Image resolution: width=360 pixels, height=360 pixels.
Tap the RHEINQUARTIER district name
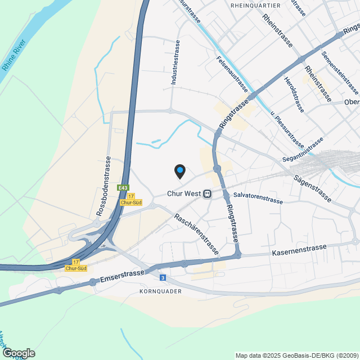point(255,5)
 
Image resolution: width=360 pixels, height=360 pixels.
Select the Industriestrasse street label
point(175,62)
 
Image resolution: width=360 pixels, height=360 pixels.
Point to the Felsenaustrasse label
point(232,74)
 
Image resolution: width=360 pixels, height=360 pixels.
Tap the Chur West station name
point(183,193)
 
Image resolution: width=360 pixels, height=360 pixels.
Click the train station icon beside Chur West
point(208,193)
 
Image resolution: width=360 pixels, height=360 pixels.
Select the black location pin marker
point(179,170)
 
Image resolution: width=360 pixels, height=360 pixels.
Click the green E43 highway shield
point(123,187)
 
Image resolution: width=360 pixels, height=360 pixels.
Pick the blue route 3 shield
point(163,277)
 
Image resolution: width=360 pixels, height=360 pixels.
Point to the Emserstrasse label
point(123,274)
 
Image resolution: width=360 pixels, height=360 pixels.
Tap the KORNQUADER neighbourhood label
point(160,292)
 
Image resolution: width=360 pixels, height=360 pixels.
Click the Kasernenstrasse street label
point(299,250)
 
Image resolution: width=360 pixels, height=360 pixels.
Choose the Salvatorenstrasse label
point(258,197)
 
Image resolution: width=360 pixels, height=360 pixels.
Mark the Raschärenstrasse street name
point(196,235)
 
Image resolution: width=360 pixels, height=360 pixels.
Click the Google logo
point(18,353)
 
